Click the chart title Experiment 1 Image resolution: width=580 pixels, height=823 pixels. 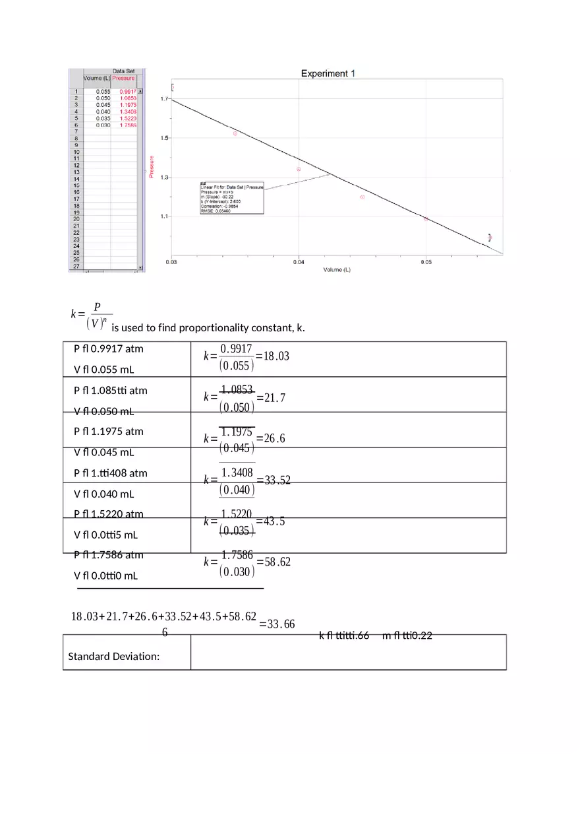(x=328, y=73)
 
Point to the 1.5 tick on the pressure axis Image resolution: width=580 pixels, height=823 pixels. (x=163, y=138)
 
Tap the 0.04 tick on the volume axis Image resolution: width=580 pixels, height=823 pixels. (x=299, y=262)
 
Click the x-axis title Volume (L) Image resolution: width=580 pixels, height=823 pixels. (x=337, y=270)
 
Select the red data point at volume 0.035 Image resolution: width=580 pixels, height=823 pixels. (x=235, y=133)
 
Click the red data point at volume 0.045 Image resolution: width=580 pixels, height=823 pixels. (x=362, y=197)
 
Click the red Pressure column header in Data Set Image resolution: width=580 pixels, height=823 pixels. (x=123, y=78)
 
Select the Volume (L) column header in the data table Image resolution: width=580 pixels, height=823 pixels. (x=97, y=78)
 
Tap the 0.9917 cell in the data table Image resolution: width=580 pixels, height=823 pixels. (x=127, y=92)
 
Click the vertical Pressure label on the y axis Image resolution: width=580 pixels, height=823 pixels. (x=152, y=166)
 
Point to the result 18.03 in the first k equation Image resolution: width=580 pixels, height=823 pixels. (x=276, y=356)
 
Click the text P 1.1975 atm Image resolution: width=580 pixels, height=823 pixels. (x=109, y=432)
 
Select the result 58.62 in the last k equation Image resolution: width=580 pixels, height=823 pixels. (x=277, y=562)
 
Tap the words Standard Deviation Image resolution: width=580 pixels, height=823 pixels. (x=114, y=657)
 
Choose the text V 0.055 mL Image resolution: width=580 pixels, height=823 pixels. (x=104, y=370)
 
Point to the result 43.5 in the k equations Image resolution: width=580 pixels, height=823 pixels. (x=274, y=521)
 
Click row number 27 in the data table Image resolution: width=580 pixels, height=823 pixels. (x=76, y=266)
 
